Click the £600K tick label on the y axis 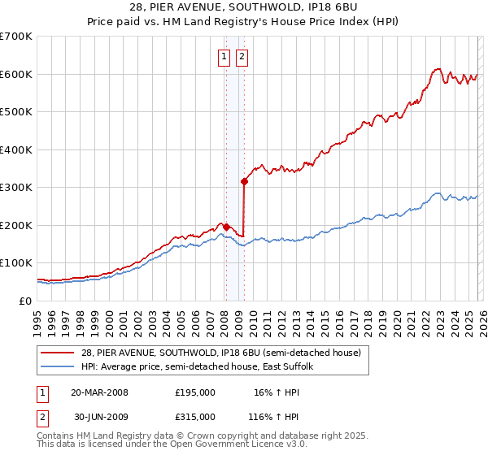pos(16,74)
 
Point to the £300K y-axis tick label pos(16,187)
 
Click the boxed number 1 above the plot pos(224,57)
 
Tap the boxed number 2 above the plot pos(242,57)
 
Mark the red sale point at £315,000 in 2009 pos(244,182)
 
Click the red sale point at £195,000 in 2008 pos(226,227)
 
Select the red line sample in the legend pos(59,353)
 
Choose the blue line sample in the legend pos(59,366)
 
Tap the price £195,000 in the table pos(195,392)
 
